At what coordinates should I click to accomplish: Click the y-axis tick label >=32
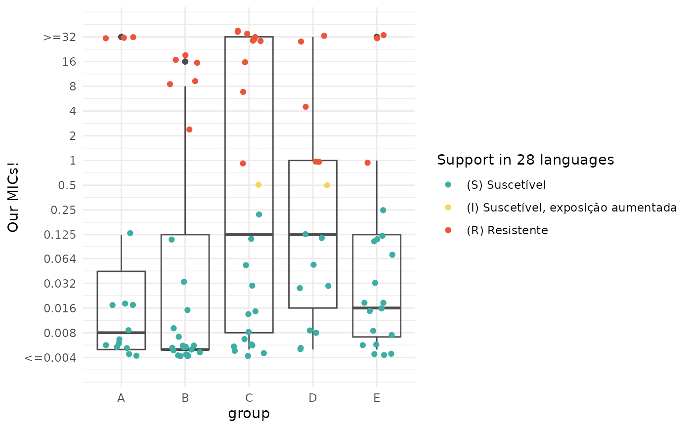pyautogui.click(x=59, y=37)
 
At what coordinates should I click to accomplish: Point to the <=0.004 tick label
pyautogui.click(x=50, y=357)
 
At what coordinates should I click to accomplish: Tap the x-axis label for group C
pyautogui.click(x=249, y=398)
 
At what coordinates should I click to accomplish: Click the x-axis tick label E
pyautogui.click(x=377, y=398)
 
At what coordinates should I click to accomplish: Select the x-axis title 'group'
pyautogui.click(x=249, y=413)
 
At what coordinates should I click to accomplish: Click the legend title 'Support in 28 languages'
pyautogui.click(x=525, y=160)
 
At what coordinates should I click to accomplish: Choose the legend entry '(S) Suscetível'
pyautogui.click(x=506, y=185)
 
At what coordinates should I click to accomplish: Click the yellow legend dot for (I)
pyautogui.click(x=448, y=208)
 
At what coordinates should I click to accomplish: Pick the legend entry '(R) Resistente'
pyautogui.click(x=507, y=230)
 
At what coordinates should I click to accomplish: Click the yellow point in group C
pyautogui.click(x=258, y=185)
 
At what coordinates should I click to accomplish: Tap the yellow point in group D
pyautogui.click(x=327, y=185)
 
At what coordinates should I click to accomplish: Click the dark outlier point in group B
pyautogui.click(x=185, y=62)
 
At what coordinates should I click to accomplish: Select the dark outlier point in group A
pyautogui.click(x=121, y=37)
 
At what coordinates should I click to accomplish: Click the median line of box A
pyautogui.click(x=121, y=333)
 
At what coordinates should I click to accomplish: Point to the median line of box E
pyautogui.click(x=377, y=308)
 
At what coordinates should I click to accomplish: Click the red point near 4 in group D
pyautogui.click(x=305, y=107)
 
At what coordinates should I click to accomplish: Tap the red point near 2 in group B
pyautogui.click(x=189, y=129)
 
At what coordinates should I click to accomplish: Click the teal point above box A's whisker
pyautogui.click(x=130, y=233)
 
